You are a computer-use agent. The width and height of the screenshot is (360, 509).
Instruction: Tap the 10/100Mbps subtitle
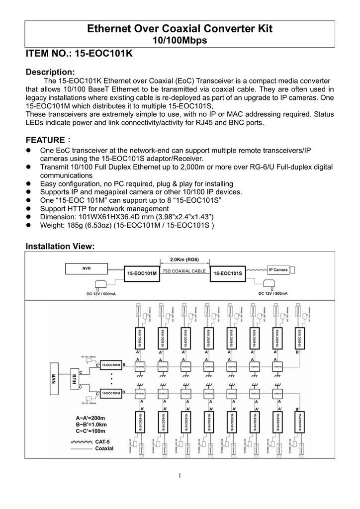click(180, 41)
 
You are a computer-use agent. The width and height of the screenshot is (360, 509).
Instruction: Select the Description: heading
click(50, 72)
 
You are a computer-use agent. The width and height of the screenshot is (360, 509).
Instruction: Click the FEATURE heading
click(46, 140)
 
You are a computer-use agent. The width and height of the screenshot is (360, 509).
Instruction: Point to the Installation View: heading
click(60, 247)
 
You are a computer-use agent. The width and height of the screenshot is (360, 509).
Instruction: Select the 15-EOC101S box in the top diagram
click(228, 273)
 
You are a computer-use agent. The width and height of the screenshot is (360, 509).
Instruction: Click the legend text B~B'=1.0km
click(91, 425)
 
